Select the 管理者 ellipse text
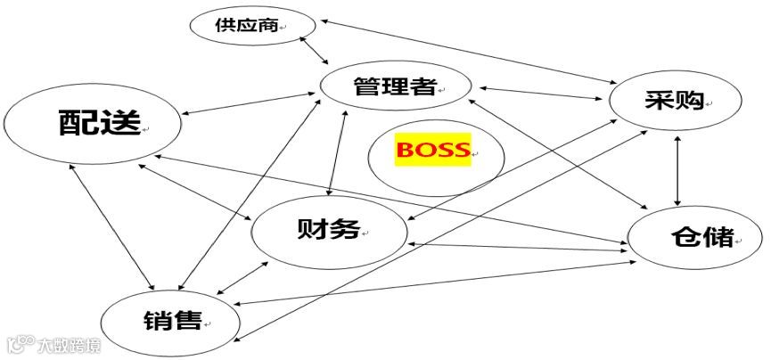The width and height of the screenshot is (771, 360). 393,86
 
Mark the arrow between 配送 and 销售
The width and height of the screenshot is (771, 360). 111,227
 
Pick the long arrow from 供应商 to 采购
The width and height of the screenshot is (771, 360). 463,52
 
